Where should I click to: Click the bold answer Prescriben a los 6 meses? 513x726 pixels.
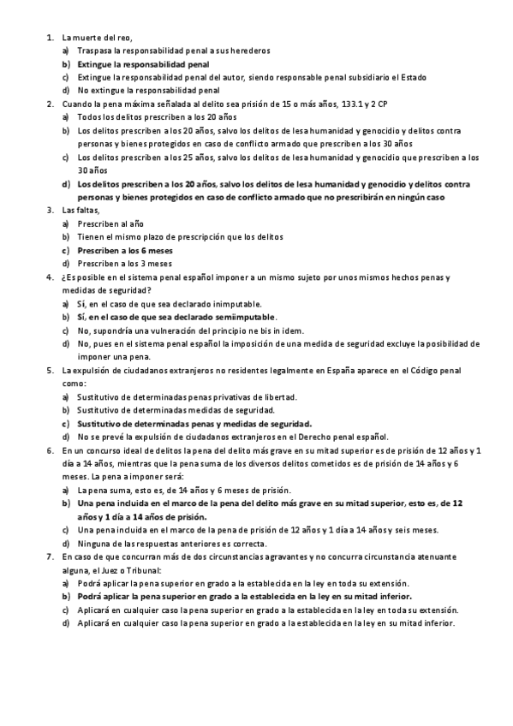pyautogui.click(x=125, y=250)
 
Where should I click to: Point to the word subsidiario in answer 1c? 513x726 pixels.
pyautogui.click(x=335, y=77)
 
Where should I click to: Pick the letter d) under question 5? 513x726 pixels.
pyautogui.click(x=66, y=437)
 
